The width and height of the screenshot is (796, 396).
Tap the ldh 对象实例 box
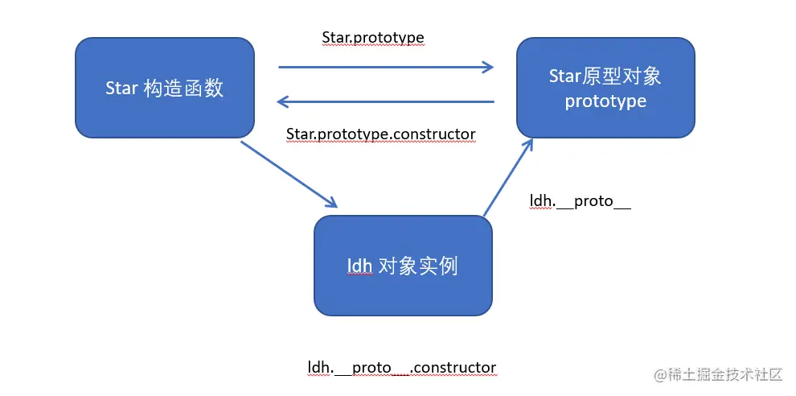pyautogui.click(x=403, y=266)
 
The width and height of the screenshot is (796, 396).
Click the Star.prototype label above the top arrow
pyautogui.click(x=373, y=37)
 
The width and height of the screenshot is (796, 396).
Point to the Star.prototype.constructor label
pyautogui.click(x=381, y=133)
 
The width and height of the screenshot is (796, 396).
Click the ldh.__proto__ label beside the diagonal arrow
pyautogui.click(x=580, y=201)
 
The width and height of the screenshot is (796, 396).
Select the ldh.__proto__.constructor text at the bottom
pyautogui.click(x=402, y=368)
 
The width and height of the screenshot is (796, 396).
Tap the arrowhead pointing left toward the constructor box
pyautogui.click(x=283, y=101)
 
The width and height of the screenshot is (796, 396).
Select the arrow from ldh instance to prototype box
pyautogui.click(x=507, y=177)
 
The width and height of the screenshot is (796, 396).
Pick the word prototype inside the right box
pyautogui.click(x=605, y=101)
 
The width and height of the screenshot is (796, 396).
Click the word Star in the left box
pyautogui.click(x=121, y=89)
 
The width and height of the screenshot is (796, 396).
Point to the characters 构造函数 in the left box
pyautogui.click(x=183, y=89)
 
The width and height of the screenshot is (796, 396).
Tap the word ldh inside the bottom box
pyautogui.click(x=359, y=266)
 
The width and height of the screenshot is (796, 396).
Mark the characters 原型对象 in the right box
pyautogui.click(x=627, y=76)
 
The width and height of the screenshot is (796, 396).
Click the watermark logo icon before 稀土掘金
pyautogui.click(x=662, y=374)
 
